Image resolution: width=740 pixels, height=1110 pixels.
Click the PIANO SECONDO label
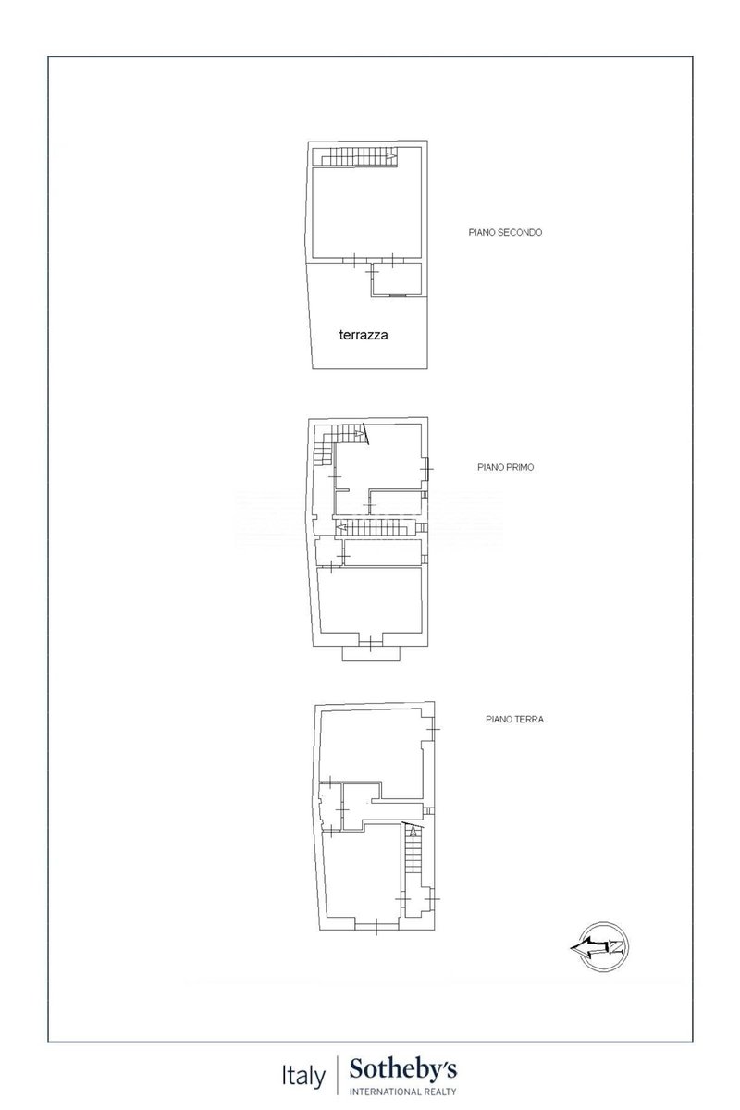[x=505, y=232]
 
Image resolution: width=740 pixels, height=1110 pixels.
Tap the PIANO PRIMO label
[x=506, y=467]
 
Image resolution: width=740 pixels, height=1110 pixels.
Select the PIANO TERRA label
[x=514, y=719]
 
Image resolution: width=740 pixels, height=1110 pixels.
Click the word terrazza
[x=364, y=335]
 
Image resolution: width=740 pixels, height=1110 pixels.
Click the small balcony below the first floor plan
[x=371, y=653]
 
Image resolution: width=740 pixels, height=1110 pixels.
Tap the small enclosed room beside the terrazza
[x=397, y=279]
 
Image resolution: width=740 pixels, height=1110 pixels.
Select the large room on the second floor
[x=366, y=213]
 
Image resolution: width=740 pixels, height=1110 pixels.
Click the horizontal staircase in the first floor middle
[x=376, y=528]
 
